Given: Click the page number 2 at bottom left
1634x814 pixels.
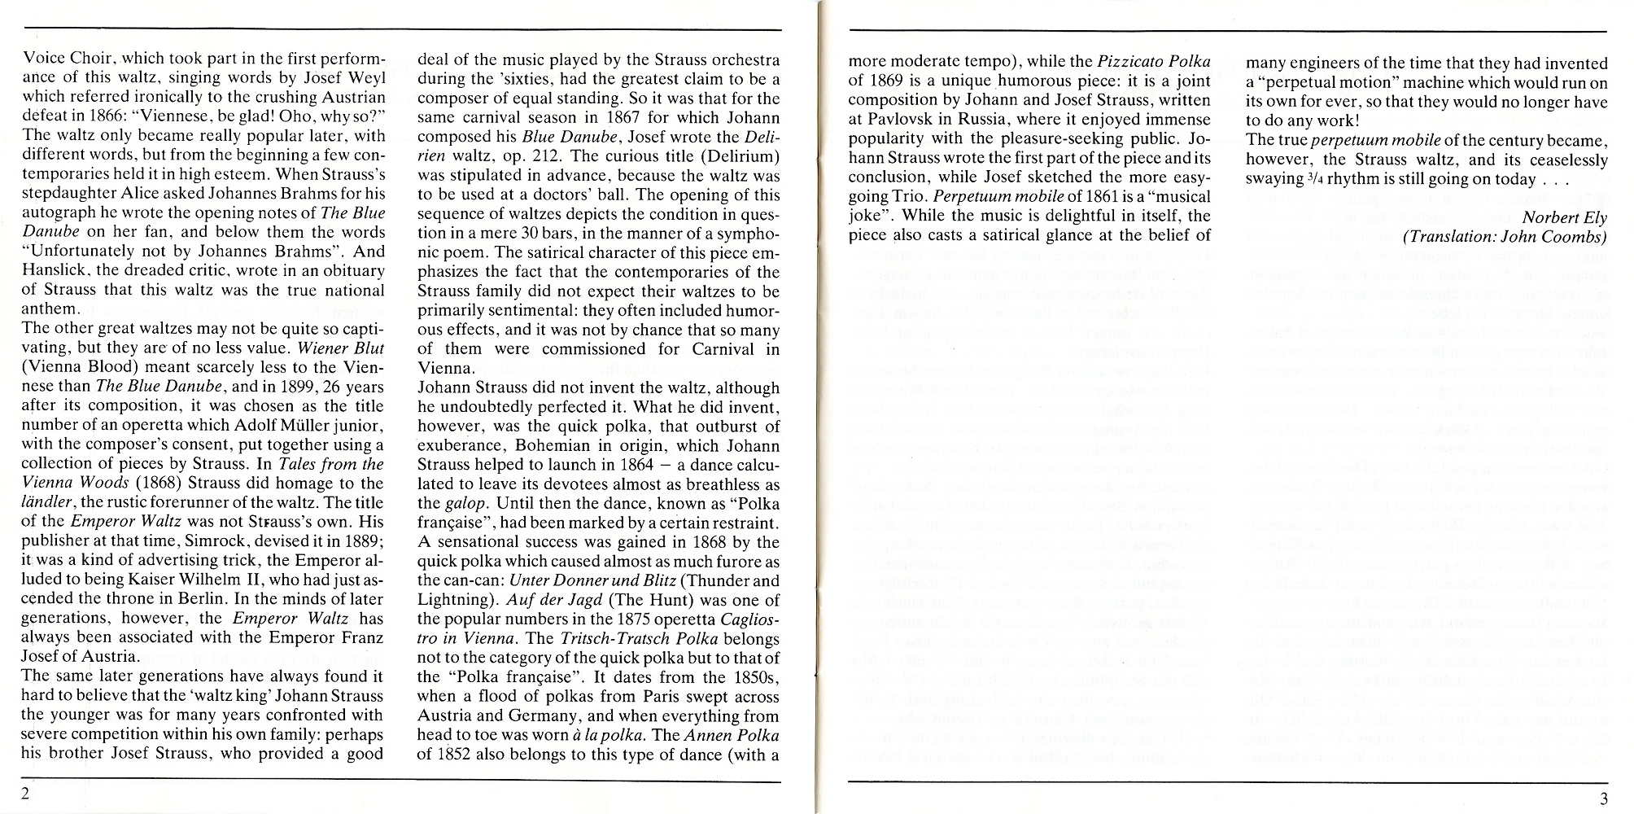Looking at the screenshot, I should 27,794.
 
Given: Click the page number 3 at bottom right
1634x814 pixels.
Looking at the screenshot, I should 1604,797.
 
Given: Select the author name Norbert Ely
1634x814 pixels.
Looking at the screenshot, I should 1564,217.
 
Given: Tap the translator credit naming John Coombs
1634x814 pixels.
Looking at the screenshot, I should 1505,237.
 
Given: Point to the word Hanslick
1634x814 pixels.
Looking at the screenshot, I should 55,271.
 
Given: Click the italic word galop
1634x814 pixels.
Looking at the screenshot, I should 465,503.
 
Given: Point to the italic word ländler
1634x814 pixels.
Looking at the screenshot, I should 50,503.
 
